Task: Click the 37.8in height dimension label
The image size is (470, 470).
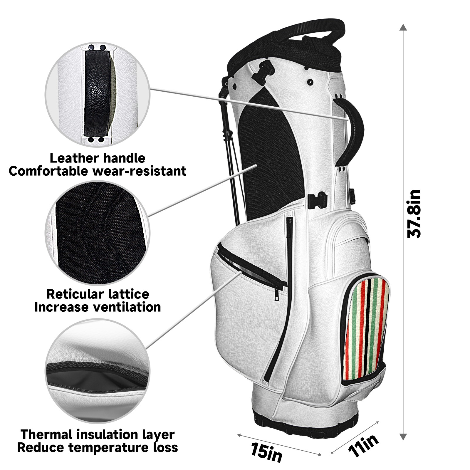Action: point(414,214)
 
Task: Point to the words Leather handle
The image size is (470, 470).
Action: point(97,158)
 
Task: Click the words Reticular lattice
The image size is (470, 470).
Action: point(98,294)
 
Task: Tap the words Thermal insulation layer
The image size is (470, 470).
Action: point(98,434)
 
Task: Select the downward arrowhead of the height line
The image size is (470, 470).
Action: point(403,437)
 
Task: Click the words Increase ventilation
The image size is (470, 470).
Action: point(98,307)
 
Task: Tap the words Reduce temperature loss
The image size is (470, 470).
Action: point(98,447)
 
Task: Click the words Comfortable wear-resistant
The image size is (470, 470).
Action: point(98,171)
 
